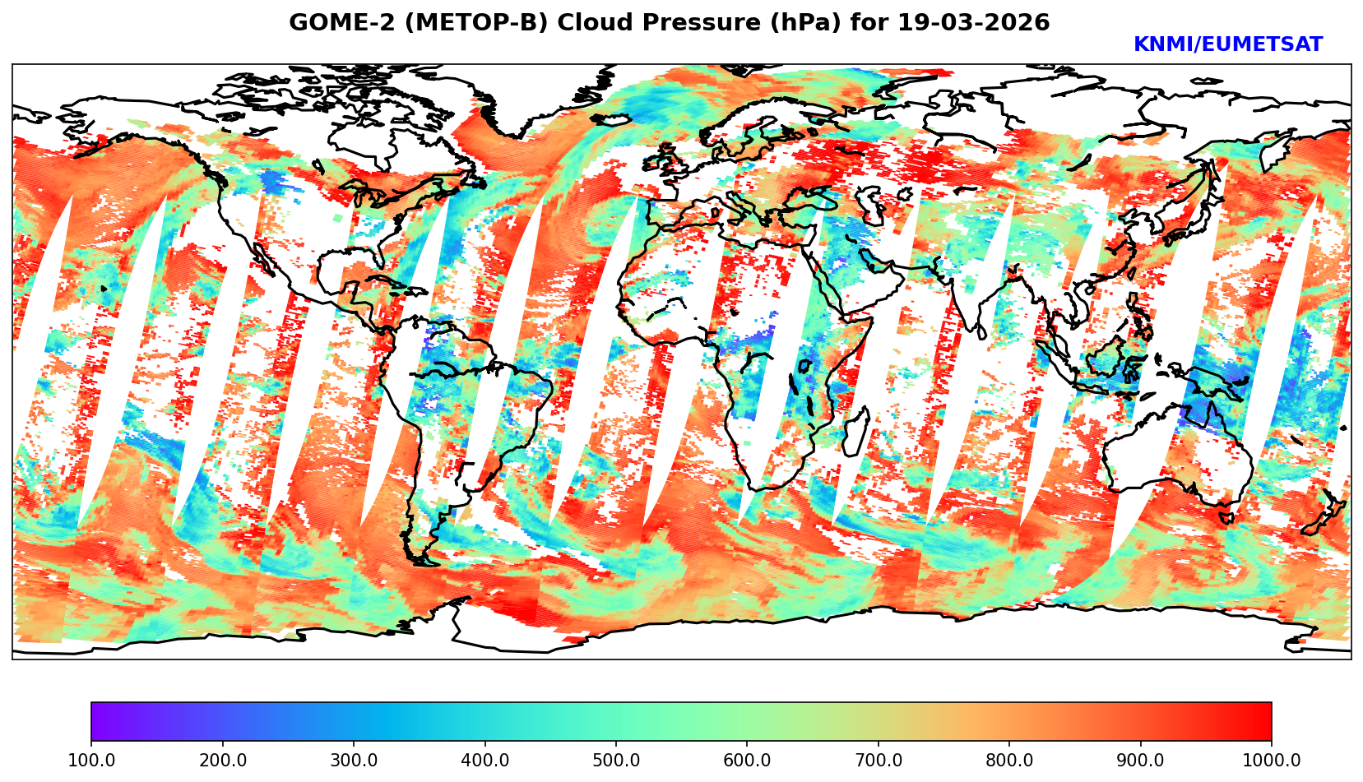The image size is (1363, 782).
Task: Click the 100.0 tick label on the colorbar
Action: click(91, 761)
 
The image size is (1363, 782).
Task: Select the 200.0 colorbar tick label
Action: click(222, 761)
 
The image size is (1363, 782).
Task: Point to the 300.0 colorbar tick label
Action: click(354, 761)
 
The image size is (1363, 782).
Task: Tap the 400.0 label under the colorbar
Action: click(484, 761)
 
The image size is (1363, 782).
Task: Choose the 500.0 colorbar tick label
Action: click(616, 761)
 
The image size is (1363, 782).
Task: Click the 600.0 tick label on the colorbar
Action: click(747, 761)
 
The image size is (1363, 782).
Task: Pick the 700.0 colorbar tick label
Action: click(879, 761)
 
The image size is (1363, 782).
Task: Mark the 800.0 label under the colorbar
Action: click(1009, 761)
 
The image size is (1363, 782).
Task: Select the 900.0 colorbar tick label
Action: click(1141, 761)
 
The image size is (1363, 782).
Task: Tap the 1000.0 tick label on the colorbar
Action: click(1272, 761)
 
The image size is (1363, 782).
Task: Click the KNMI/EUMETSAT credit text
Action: click(1228, 45)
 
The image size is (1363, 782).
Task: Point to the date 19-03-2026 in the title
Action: click(974, 23)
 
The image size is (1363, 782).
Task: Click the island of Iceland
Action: click(610, 119)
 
